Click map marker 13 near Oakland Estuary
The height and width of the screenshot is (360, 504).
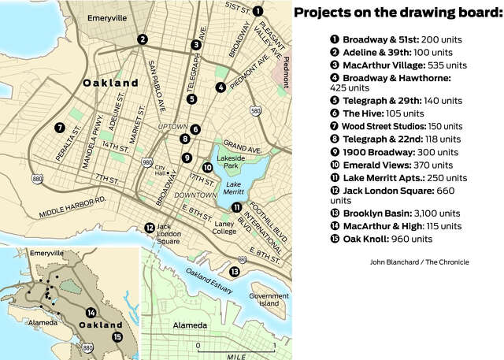[x=234, y=271]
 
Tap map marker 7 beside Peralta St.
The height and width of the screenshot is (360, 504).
[x=59, y=127]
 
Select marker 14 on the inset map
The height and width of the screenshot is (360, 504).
[x=91, y=312]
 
